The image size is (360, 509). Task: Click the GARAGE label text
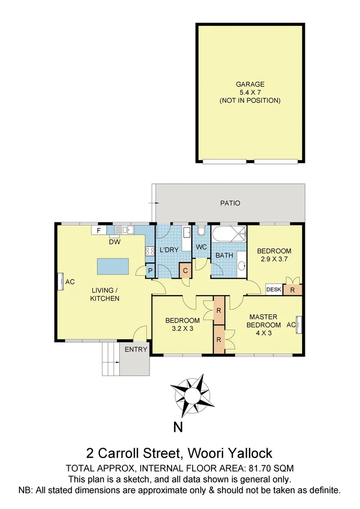pos(250,84)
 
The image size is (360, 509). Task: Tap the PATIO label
pos(230,203)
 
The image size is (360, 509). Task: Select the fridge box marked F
pos(99,230)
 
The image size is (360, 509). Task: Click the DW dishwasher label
pos(113,241)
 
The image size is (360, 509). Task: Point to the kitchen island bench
pos(114,266)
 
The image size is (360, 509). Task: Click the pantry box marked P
pos(150,271)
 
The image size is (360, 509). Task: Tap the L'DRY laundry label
pos(169,250)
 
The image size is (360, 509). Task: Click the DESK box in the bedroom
pos(274,290)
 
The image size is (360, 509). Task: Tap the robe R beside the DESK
pos(292,290)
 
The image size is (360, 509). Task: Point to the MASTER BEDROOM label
pos(263,320)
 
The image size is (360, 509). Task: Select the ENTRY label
pos(136,349)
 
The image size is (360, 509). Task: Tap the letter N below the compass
pos(178,427)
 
